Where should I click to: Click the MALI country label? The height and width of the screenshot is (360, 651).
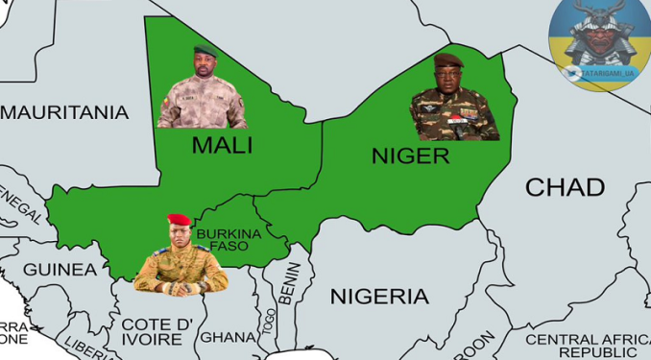[x=222, y=146]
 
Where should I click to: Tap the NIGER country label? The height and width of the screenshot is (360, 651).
[x=410, y=156]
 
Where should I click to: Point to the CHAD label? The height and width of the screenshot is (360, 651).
[x=565, y=187]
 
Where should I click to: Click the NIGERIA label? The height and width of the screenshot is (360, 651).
[x=379, y=296]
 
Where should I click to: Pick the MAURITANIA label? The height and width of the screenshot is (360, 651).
[x=64, y=113]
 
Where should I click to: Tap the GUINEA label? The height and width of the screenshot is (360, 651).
[x=60, y=270]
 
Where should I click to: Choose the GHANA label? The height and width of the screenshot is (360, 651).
[x=228, y=337]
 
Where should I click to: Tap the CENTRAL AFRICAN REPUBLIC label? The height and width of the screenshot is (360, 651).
[x=589, y=346]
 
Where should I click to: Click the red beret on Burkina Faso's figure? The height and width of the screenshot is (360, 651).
[x=180, y=220]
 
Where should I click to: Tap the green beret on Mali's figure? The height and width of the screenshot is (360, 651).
[x=205, y=50]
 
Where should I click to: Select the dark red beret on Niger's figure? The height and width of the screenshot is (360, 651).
[x=448, y=60]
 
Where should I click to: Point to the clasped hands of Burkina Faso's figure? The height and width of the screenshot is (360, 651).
[x=181, y=286]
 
